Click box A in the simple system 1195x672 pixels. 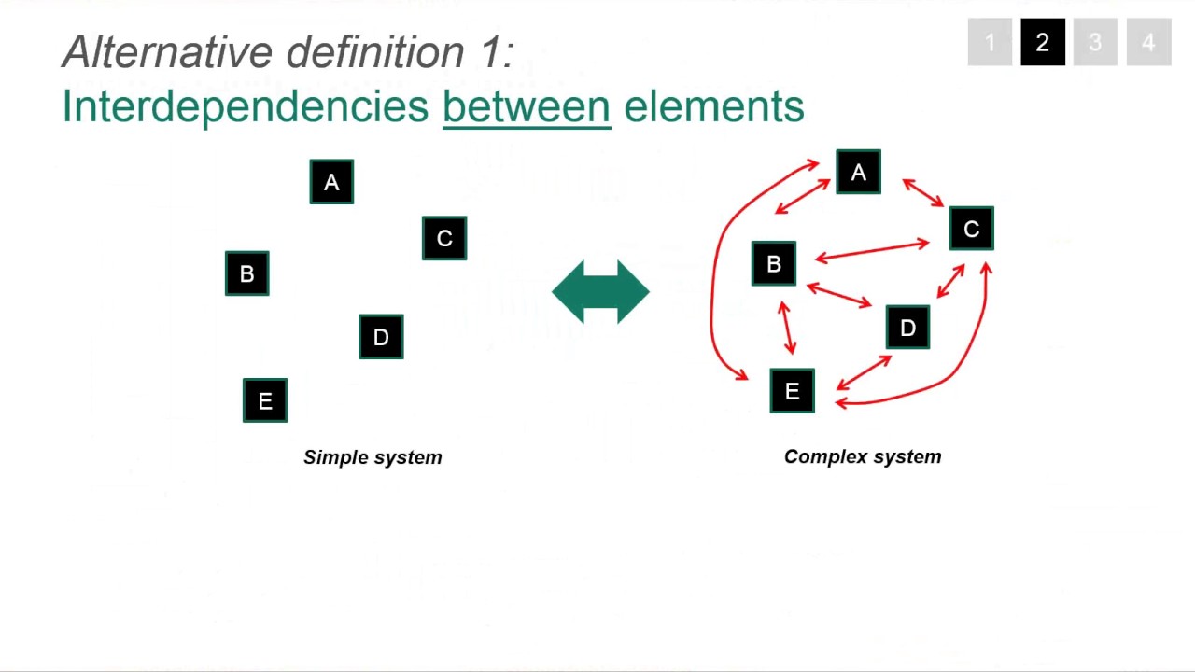pos(331,182)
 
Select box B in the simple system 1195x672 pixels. pos(247,273)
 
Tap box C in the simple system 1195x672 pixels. pos(444,239)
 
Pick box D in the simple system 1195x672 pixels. pos(381,337)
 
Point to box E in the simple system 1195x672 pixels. pos(265,400)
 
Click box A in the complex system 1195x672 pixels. pos(858,173)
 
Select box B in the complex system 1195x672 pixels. pos(774,264)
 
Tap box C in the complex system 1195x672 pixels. pos(971,230)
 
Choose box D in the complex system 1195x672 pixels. pos(907,328)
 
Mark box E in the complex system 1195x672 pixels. pos(792,391)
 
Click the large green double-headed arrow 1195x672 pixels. pos(600,292)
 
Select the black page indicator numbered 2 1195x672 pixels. pos(1043,43)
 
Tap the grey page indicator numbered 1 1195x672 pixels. pos(990,43)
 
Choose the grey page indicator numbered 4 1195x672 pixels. pos(1148,43)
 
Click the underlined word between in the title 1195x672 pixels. pos(527,106)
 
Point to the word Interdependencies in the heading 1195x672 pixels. pos(245,106)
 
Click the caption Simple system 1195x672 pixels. pos(373,457)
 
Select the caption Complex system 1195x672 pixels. pos(863,456)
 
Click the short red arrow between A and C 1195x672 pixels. pos(923,193)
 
